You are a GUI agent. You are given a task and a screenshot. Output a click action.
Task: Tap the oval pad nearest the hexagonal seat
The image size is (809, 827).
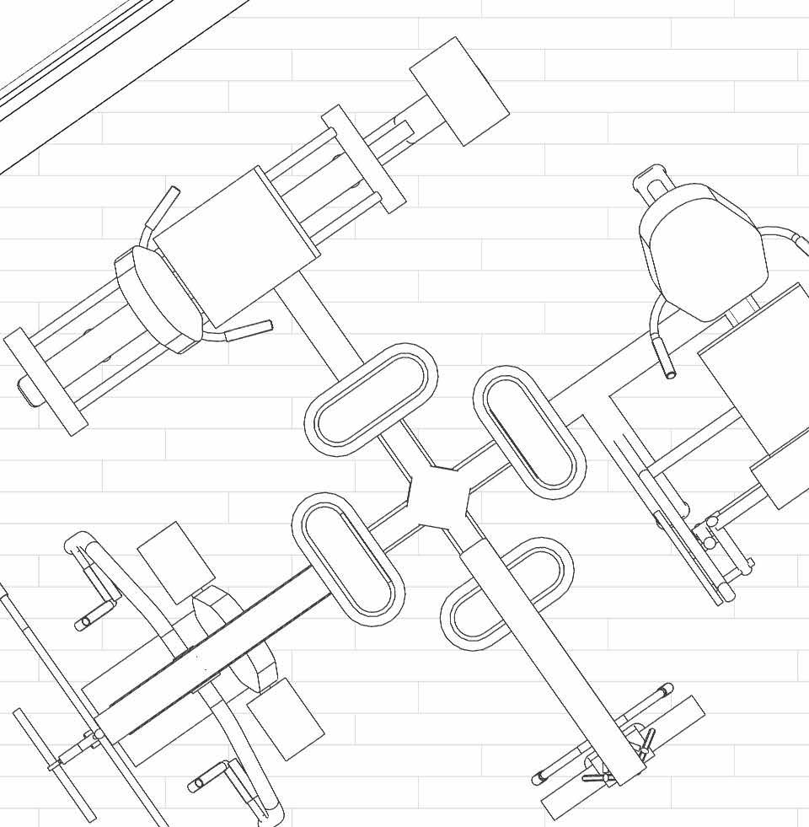(x=529, y=431)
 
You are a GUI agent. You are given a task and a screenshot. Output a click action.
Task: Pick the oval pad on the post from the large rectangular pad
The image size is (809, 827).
(x=371, y=400)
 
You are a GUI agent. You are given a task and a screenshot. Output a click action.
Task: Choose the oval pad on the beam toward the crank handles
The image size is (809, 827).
(x=348, y=558)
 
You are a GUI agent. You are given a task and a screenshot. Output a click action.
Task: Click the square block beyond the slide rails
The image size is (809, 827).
(x=459, y=91)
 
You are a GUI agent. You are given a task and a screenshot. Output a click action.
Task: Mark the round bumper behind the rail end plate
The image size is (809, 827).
(x=28, y=392)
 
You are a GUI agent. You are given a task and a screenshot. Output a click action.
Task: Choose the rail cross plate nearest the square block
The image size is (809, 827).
(x=362, y=158)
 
